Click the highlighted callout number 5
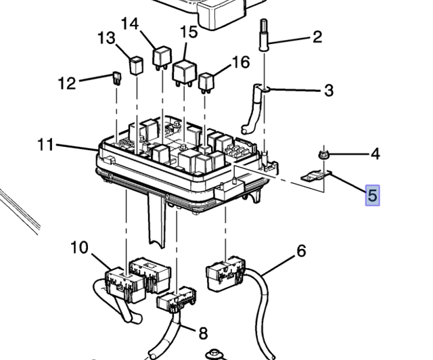(373, 196)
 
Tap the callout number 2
(317, 37)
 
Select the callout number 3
(328, 90)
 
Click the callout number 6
(301, 252)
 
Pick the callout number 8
(203, 333)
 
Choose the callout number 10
(79, 248)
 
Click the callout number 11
(46, 145)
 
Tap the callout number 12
(67, 83)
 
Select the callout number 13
(106, 37)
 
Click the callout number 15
(189, 32)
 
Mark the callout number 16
(241, 62)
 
